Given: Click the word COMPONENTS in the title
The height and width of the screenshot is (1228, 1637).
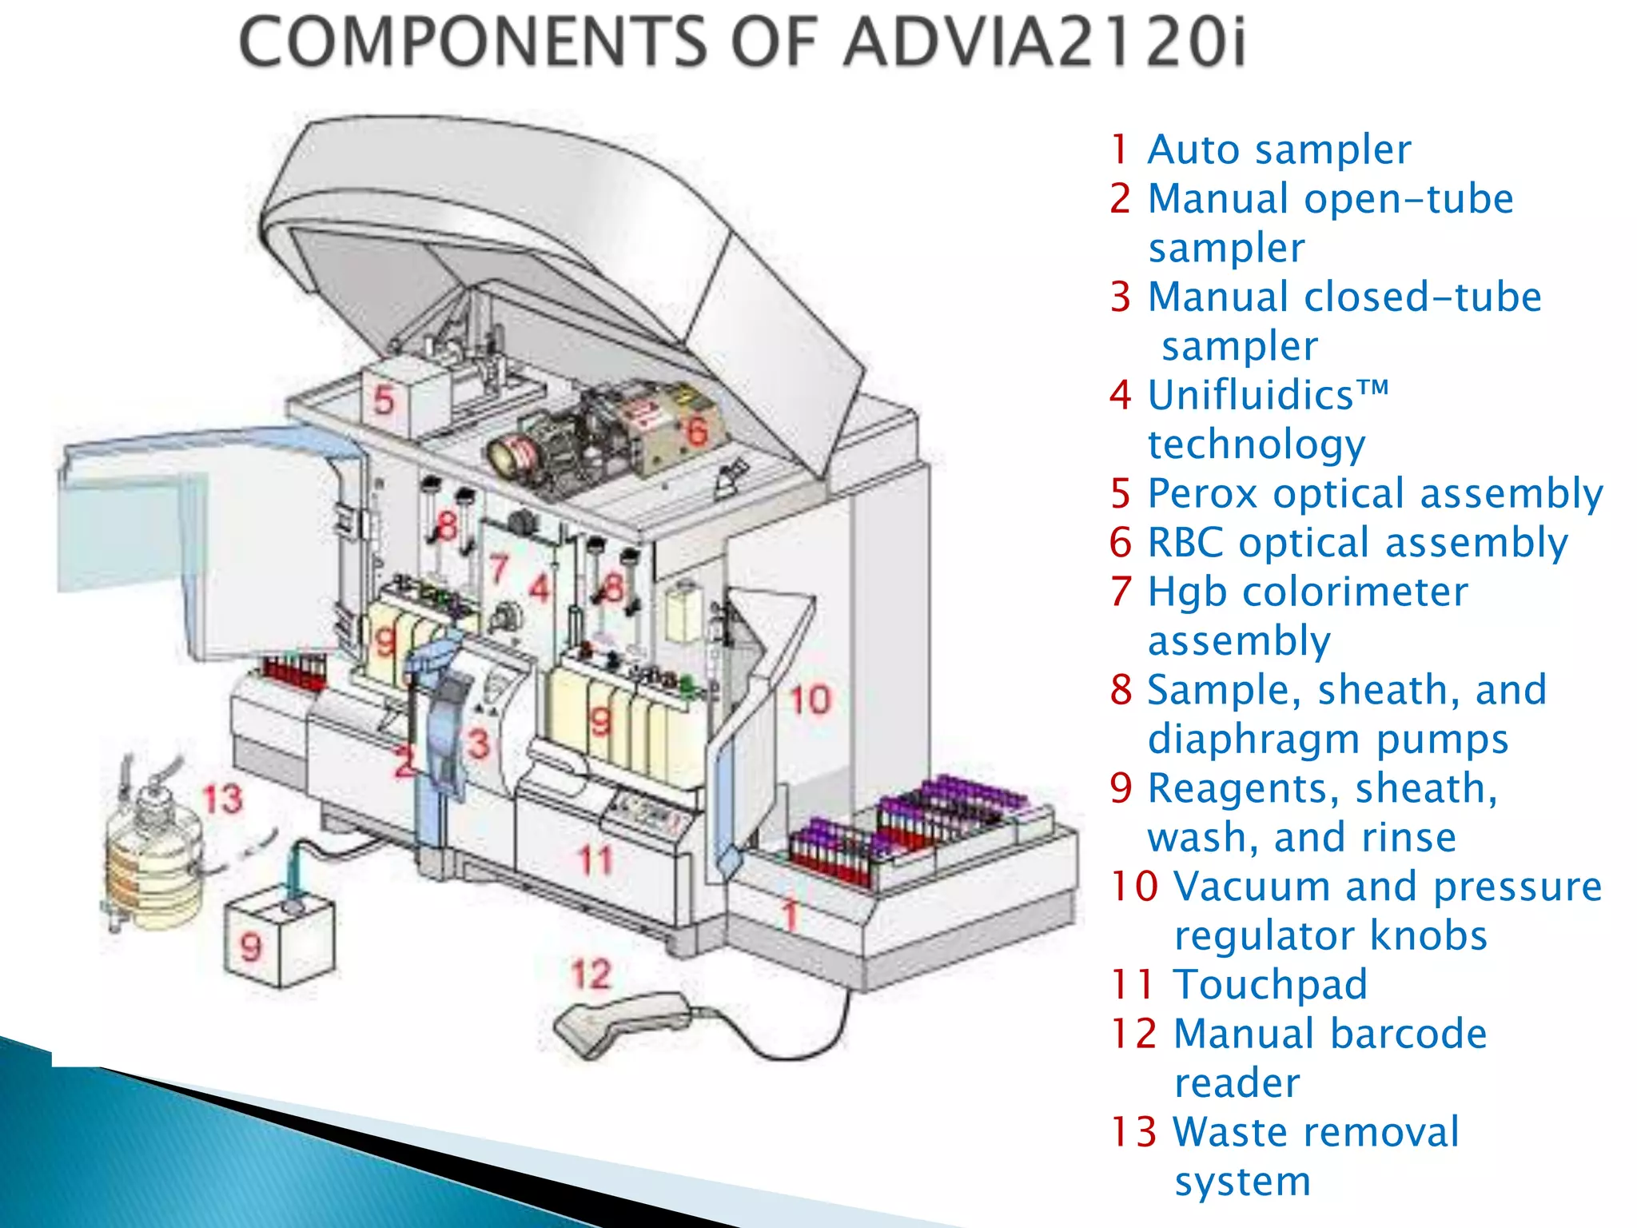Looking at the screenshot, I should click(472, 42).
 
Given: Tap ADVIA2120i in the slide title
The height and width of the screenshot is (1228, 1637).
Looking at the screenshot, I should click(1044, 42).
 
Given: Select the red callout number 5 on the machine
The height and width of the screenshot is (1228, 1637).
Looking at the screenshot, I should click(384, 400).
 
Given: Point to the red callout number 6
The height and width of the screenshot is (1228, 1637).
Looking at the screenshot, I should click(697, 431).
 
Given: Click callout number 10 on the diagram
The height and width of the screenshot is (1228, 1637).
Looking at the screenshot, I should click(811, 700).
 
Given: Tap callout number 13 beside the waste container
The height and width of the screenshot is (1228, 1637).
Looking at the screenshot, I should click(221, 799).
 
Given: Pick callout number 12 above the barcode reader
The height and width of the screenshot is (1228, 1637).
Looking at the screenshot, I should click(591, 975).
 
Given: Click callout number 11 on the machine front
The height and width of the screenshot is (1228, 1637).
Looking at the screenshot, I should click(595, 861).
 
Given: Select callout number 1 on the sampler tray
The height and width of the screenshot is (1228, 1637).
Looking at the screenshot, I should click(791, 915).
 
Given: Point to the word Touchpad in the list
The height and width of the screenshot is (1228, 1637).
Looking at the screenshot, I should click(1270, 984).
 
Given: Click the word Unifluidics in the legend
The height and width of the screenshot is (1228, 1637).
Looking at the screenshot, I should click(1251, 395).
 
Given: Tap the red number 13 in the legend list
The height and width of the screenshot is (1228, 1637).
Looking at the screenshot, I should click(1133, 1132).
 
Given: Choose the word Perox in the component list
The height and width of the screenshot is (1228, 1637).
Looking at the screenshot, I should click(1203, 493).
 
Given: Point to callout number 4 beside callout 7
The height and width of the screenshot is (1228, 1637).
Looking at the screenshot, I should click(541, 589).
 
